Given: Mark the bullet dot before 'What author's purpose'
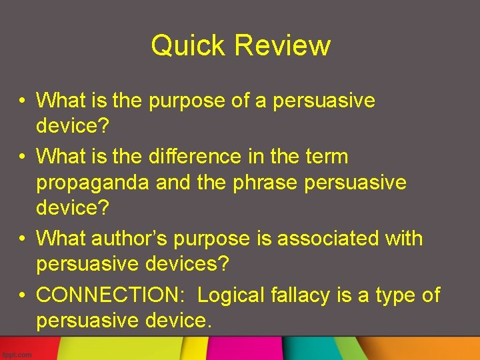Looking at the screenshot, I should pos(23,239).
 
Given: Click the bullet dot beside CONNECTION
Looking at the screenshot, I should pos(23,294).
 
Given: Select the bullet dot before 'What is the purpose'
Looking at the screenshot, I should pos(23,101).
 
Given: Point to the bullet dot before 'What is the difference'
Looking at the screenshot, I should pos(23,156).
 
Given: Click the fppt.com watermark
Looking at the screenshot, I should pos(17,355).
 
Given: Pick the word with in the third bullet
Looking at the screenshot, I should pos(400,238).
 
